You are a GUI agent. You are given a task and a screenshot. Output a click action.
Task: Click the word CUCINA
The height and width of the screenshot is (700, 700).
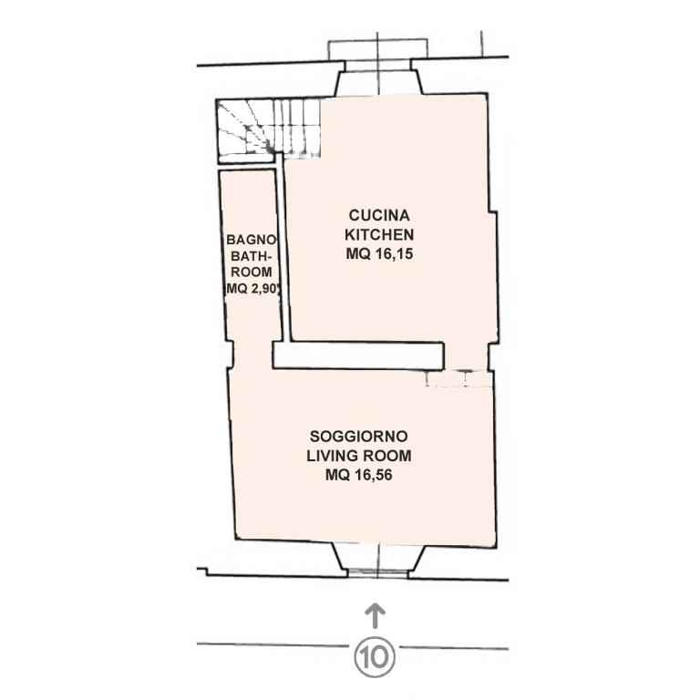tap(379, 215)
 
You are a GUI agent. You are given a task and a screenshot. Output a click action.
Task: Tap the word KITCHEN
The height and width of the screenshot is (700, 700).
tap(379, 234)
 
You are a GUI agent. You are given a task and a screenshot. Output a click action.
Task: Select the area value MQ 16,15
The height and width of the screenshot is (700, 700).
tap(379, 253)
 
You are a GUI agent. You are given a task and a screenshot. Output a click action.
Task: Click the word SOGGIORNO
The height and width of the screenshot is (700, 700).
tap(359, 436)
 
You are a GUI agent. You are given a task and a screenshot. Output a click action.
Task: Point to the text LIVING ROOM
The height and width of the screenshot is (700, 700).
tap(359, 456)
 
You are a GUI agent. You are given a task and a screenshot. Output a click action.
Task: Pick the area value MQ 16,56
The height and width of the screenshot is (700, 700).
tap(359, 475)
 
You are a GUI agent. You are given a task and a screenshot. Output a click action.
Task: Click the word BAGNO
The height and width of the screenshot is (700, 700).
tap(252, 240)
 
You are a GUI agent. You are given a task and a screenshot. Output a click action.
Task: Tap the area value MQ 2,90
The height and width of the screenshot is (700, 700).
tap(253, 288)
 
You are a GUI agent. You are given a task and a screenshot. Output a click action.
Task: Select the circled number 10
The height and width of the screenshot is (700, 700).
tap(375, 656)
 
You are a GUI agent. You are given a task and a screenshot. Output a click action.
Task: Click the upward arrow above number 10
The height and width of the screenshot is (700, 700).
tap(375, 616)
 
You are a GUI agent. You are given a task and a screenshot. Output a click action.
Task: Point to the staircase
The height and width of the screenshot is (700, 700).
tap(268, 129)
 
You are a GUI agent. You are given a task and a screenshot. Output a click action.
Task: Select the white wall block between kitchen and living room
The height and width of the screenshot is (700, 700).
tap(358, 355)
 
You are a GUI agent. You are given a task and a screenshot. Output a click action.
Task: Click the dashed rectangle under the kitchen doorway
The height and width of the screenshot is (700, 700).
tap(459, 378)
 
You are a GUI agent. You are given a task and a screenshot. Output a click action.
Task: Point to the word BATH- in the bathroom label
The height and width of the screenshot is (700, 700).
tap(251, 256)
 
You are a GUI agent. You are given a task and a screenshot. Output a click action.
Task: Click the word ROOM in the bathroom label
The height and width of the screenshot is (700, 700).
tap(251, 272)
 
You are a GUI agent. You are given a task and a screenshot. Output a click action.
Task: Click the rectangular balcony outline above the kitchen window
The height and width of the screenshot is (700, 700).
tap(378, 49)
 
